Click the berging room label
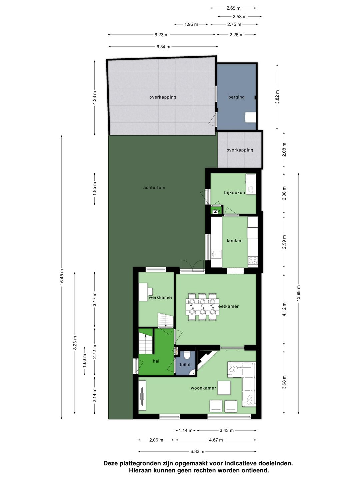pos(236,97)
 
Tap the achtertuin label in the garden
pos(154,188)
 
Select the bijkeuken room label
pos(234,192)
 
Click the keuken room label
pos(235,241)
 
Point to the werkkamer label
pos(160,297)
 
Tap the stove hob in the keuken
pos(253,260)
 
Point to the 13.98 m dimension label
pos(298,293)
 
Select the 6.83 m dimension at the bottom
pos(197,451)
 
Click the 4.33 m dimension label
pos(94,98)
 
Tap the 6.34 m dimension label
pos(163,47)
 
